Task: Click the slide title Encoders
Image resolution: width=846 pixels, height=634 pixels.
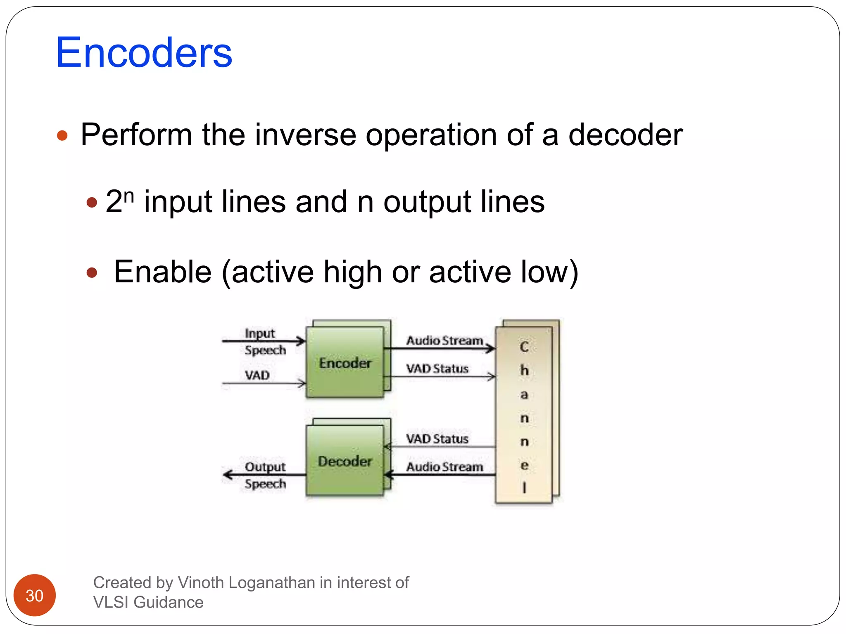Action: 144,53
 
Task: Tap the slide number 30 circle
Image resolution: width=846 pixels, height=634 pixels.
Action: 35,595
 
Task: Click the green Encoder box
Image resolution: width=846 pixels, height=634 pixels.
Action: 345,362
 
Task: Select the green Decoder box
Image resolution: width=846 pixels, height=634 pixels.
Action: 345,461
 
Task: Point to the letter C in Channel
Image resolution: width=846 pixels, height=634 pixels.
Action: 524,347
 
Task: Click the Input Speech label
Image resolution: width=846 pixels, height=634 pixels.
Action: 264,341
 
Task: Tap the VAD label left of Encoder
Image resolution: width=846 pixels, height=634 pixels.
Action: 257,375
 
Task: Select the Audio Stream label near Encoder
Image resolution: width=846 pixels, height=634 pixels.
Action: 444,341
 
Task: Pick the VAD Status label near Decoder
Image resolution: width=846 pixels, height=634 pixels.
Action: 437,438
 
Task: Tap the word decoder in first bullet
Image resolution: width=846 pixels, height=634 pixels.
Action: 625,135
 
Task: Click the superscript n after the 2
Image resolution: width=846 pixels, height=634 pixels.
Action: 129,195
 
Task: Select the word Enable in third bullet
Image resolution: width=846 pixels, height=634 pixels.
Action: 163,272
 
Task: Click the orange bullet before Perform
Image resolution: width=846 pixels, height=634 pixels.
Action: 62,135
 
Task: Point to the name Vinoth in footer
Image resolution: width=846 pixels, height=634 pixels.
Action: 201,582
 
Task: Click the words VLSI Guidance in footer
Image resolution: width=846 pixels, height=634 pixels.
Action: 148,602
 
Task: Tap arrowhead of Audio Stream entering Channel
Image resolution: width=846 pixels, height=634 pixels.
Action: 491,349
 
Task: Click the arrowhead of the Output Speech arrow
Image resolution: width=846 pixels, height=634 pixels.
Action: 227,475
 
